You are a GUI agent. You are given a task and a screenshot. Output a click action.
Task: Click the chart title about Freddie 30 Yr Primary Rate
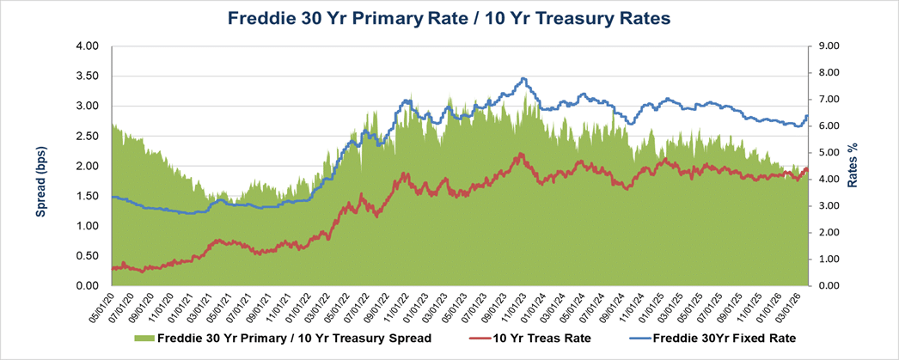coord(449,17)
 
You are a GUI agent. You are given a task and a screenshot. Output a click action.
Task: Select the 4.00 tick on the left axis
coord(89,46)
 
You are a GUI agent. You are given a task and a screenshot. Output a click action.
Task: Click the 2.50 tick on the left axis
coord(89,136)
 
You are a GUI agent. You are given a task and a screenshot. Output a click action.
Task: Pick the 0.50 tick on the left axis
coord(89,256)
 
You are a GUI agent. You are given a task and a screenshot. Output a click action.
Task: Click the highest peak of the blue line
coord(523,79)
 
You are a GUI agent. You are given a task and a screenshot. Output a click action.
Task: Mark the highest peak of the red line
coord(519,155)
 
